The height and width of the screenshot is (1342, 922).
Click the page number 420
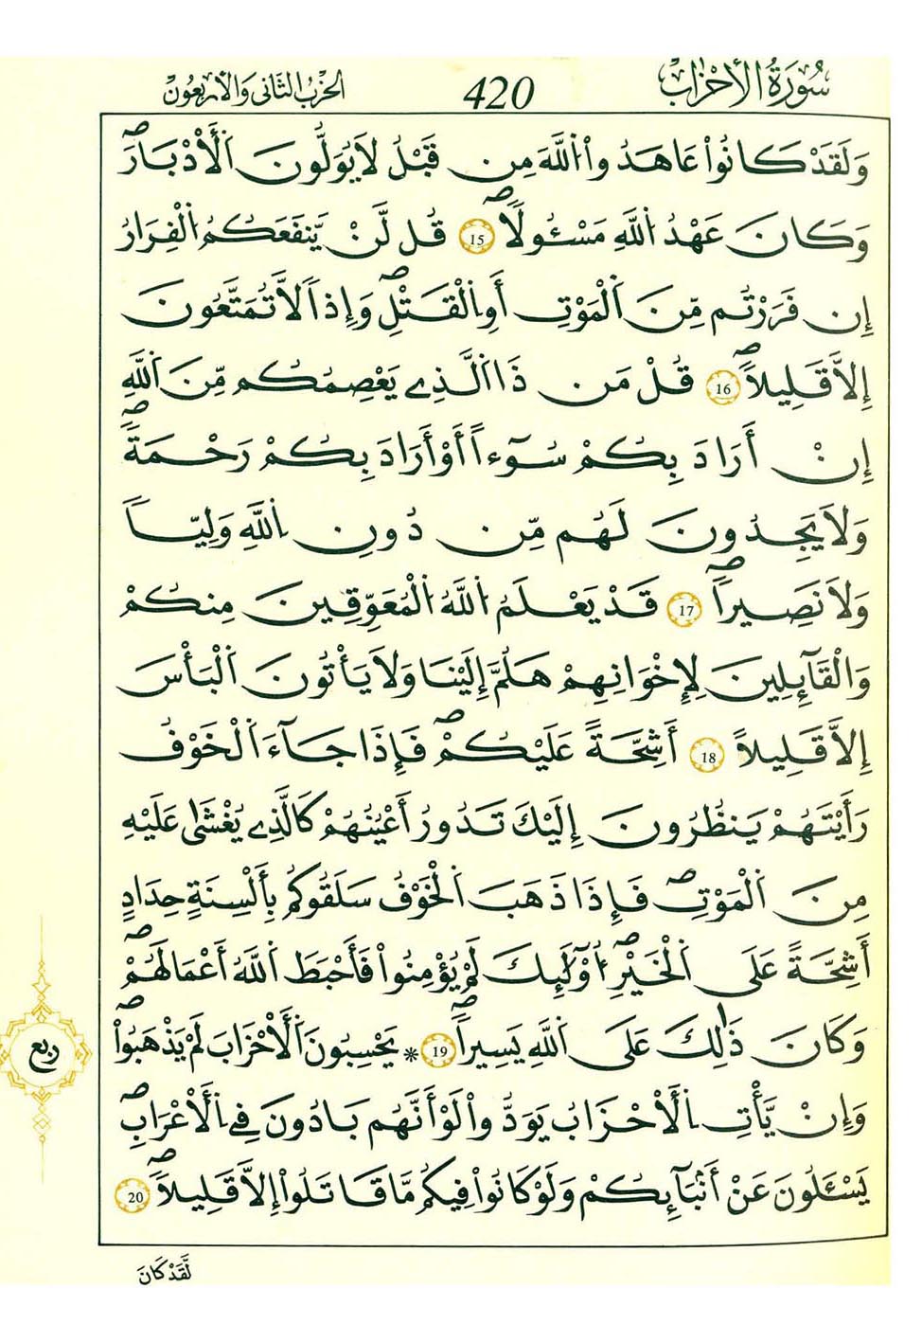point(499,94)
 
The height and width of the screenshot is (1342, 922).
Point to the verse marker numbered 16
point(723,389)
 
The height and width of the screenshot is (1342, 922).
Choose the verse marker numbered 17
point(686,611)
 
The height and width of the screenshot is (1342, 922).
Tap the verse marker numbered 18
point(709,757)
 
